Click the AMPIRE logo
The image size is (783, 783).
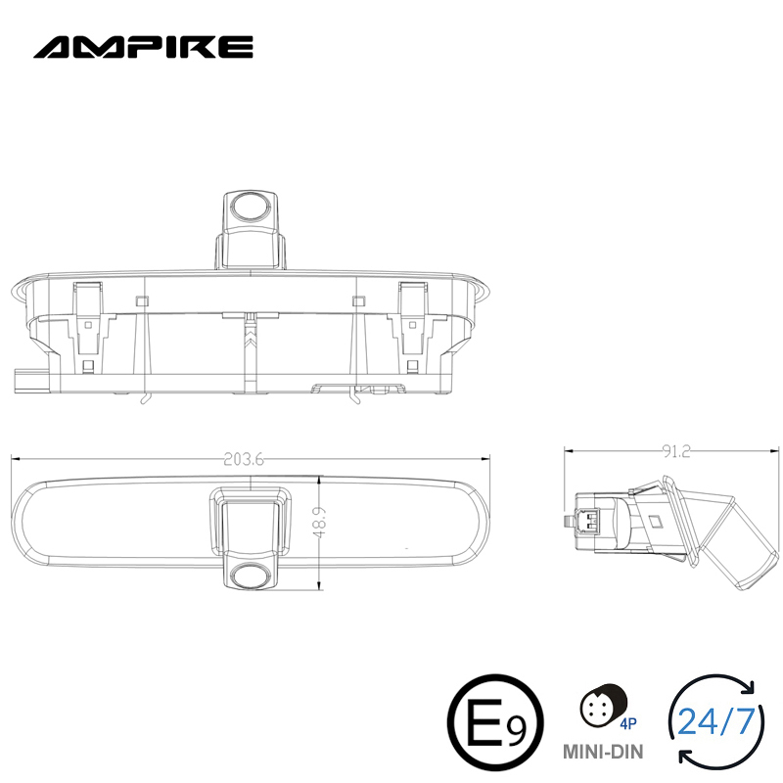pos(144,46)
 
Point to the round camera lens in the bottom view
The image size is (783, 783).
pos(251,576)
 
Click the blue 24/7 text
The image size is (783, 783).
pos(716,723)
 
